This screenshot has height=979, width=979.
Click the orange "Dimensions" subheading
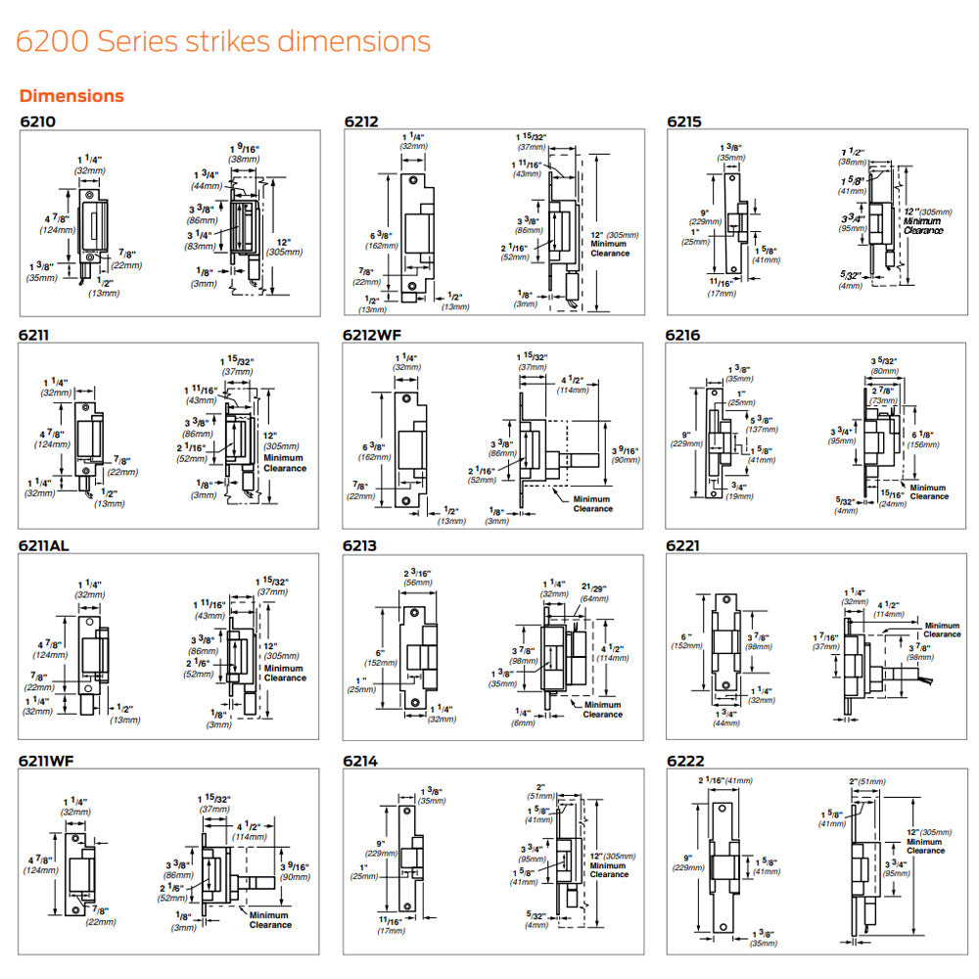click(x=71, y=96)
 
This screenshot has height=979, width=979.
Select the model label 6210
click(x=38, y=121)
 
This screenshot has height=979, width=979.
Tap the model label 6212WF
click(x=373, y=335)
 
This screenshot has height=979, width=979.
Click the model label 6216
click(x=683, y=335)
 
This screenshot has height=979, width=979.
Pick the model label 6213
click(x=361, y=545)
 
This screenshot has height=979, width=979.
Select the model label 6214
click(x=361, y=758)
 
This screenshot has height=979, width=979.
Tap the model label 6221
click(x=683, y=545)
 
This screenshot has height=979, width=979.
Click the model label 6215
click(x=683, y=121)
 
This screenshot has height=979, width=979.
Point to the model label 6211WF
click(x=49, y=758)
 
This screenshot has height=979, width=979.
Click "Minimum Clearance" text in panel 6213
click(x=602, y=709)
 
